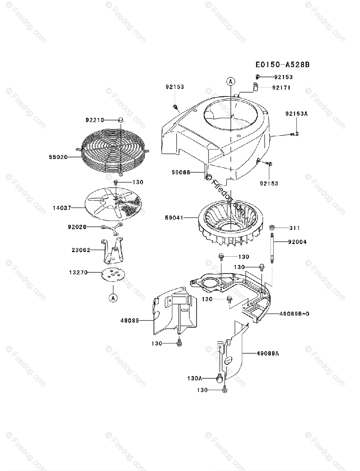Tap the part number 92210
[95, 120]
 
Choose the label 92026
[77, 227]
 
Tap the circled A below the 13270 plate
[113, 299]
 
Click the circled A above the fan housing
[230, 81]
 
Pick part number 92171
[281, 88]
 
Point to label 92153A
[296, 114]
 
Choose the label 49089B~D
[294, 314]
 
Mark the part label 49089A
[268, 353]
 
